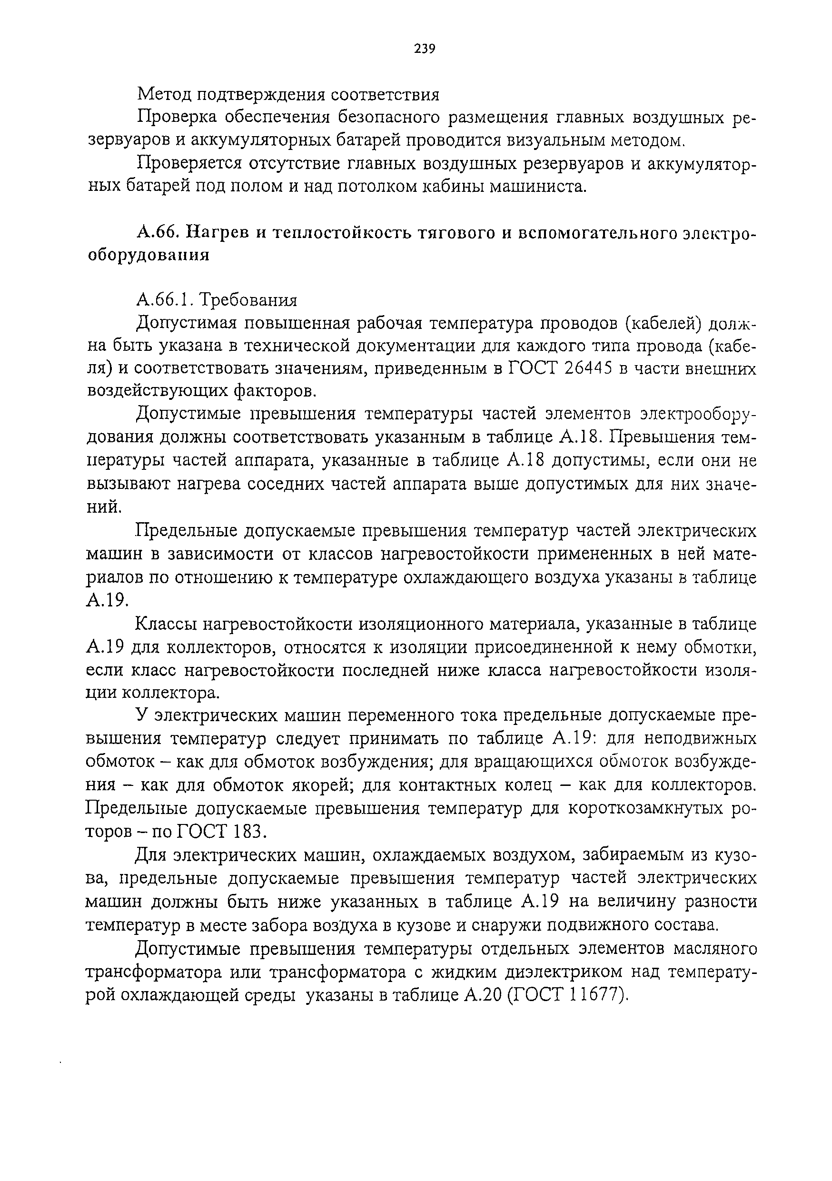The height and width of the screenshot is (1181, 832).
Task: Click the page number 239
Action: pos(425,49)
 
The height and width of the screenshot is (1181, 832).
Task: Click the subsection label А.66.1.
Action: pos(164,299)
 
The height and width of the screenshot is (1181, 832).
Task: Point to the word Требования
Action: pos(248,299)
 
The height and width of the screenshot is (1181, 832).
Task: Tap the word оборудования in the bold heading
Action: pos(149,256)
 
